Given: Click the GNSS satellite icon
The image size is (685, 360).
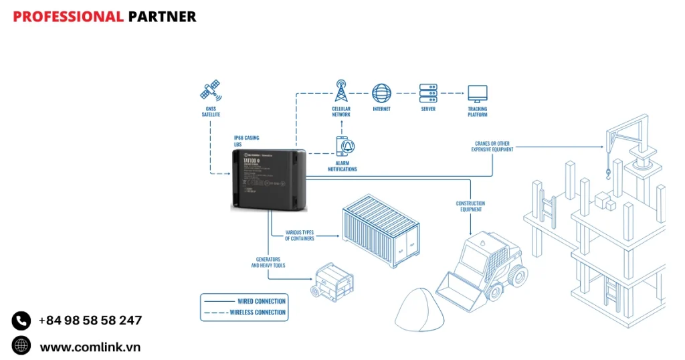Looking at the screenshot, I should click(210, 90).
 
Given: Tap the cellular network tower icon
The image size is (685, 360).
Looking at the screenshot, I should click(341, 91).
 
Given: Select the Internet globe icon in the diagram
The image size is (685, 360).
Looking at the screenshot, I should click(381, 92).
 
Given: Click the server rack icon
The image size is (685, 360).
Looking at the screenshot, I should click(428, 92).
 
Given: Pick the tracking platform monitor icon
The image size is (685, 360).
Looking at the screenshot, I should click(477, 92).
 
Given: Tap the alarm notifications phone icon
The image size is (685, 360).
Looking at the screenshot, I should click(343, 147).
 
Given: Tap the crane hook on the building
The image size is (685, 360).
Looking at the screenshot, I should click(607, 175).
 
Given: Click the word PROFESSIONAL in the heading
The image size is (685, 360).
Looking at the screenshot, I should click(68, 17).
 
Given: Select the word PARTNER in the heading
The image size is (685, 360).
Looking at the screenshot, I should click(162, 17).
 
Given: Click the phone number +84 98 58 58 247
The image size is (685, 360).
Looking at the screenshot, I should click(90, 320).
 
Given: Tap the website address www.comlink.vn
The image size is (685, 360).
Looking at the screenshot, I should click(90, 347).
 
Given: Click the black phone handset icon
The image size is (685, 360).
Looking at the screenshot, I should click(21, 321).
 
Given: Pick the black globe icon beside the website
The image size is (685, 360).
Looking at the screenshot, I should click(21, 345).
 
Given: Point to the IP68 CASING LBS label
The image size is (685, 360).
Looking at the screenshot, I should click(246, 141).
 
